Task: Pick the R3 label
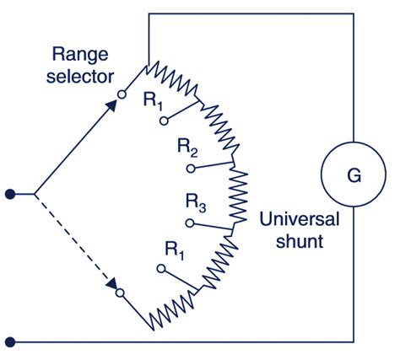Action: [195, 202]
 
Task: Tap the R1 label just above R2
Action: [153, 101]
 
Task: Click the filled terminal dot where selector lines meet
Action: [10, 194]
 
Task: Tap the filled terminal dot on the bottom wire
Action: [10, 342]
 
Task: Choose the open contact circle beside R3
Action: [189, 224]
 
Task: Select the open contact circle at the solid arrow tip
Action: [122, 93]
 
